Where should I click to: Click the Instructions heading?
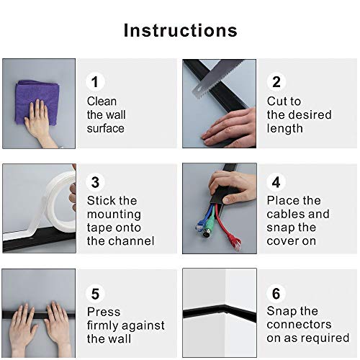[x=181, y=30]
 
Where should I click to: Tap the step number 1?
[x=95, y=82]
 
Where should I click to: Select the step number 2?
[x=276, y=82]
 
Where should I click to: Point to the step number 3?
[x=95, y=182]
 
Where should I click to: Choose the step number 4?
[x=276, y=182]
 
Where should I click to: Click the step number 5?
[x=95, y=294]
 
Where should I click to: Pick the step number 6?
[x=276, y=294]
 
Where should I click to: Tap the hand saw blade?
[x=217, y=78]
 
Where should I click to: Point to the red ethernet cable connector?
[x=235, y=243]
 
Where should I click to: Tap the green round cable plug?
[x=207, y=232]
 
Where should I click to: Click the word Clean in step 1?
[x=102, y=102]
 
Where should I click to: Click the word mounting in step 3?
[x=114, y=215]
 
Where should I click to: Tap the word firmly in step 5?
[x=103, y=326]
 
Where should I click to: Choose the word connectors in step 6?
[x=299, y=325]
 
